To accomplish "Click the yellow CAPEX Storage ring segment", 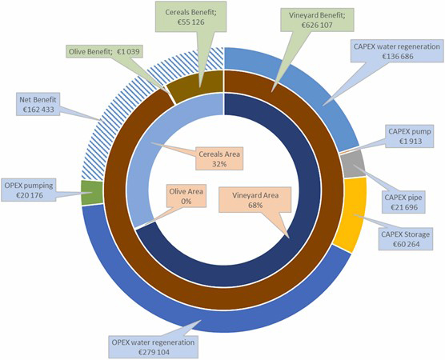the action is [x=351, y=214].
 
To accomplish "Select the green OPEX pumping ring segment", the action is [x=92, y=193].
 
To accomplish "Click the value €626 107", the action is [x=317, y=25].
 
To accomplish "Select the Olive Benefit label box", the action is [x=104, y=52].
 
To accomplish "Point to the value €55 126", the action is [x=190, y=22].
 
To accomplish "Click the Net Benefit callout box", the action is [x=38, y=104].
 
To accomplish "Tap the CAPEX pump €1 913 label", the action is [x=410, y=136].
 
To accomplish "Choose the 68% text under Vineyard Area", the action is [x=255, y=205].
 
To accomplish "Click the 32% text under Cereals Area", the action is [x=219, y=164].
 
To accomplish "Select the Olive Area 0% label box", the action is [x=186, y=196].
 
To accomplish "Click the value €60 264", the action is [x=406, y=244].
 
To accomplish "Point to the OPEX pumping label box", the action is [x=29, y=190].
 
